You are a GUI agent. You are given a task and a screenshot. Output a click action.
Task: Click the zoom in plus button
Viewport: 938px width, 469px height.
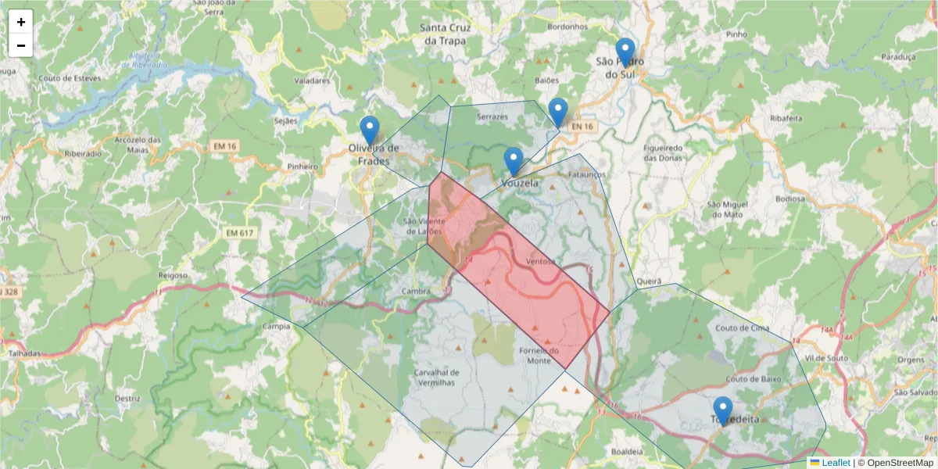click(x=21, y=22)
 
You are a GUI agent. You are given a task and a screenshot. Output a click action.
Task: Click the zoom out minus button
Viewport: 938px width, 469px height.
click(x=21, y=45)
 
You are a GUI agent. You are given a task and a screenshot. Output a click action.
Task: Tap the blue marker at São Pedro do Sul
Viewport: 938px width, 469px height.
click(x=625, y=52)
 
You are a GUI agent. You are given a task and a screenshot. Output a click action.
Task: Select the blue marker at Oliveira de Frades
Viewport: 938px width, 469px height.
click(x=369, y=131)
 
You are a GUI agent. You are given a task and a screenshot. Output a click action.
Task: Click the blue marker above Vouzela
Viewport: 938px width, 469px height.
click(x=513, y=162)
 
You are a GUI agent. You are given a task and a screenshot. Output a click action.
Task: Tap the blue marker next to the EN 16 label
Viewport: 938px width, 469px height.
click(x=557, y=112)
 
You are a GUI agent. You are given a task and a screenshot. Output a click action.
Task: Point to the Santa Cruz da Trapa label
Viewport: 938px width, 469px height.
click(x=443, y=34)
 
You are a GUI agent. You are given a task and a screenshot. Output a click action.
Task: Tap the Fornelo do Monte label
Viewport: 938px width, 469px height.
click(x=539, y=356)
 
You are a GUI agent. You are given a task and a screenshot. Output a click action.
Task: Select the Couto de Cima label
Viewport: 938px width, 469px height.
click(x=742, y=328)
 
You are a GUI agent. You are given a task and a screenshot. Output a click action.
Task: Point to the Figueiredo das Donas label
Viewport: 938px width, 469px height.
click(x=663, y=152)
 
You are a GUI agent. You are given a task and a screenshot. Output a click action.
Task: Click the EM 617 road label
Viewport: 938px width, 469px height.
click(x=240, y=233)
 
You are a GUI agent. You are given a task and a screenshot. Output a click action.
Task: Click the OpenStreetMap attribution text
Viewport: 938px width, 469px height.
click(x=895, y=463)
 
